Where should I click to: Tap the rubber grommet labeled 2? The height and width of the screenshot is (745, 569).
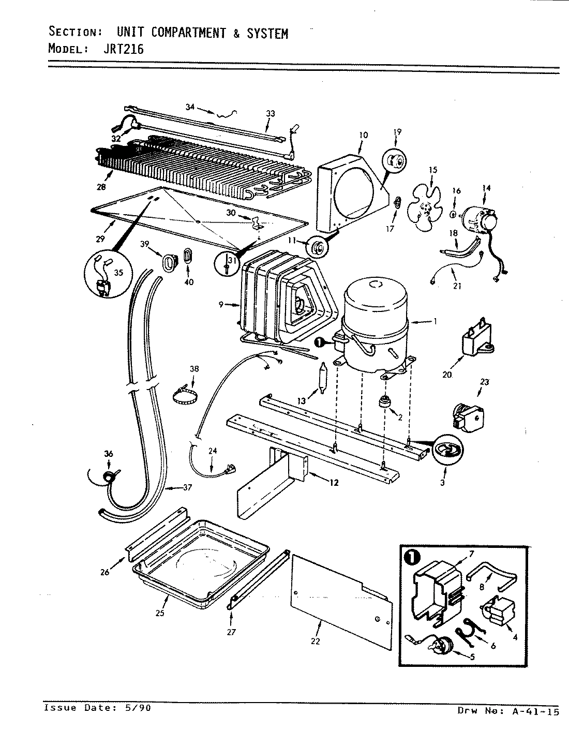point(384,402)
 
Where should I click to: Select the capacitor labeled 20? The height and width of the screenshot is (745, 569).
point(476,342)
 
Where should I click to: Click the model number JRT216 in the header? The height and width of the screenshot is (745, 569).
point(125,49)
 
